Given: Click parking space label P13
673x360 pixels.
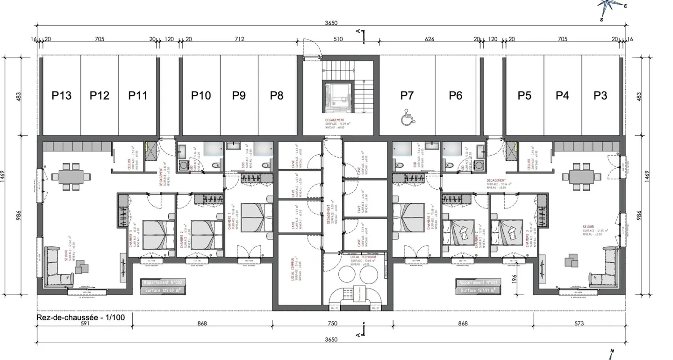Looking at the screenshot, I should pos(61,95).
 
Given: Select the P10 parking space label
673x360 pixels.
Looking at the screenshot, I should pos(201,95).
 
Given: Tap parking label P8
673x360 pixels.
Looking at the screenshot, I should pos(277,95).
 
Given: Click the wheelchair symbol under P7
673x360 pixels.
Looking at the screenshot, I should pos(407,119).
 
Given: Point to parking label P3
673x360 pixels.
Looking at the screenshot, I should pos(601,95).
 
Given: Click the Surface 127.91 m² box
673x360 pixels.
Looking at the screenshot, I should pos(478,290).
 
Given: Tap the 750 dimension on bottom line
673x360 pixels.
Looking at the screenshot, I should pos(332,324).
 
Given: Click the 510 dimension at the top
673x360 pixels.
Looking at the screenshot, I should pos(338,39).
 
